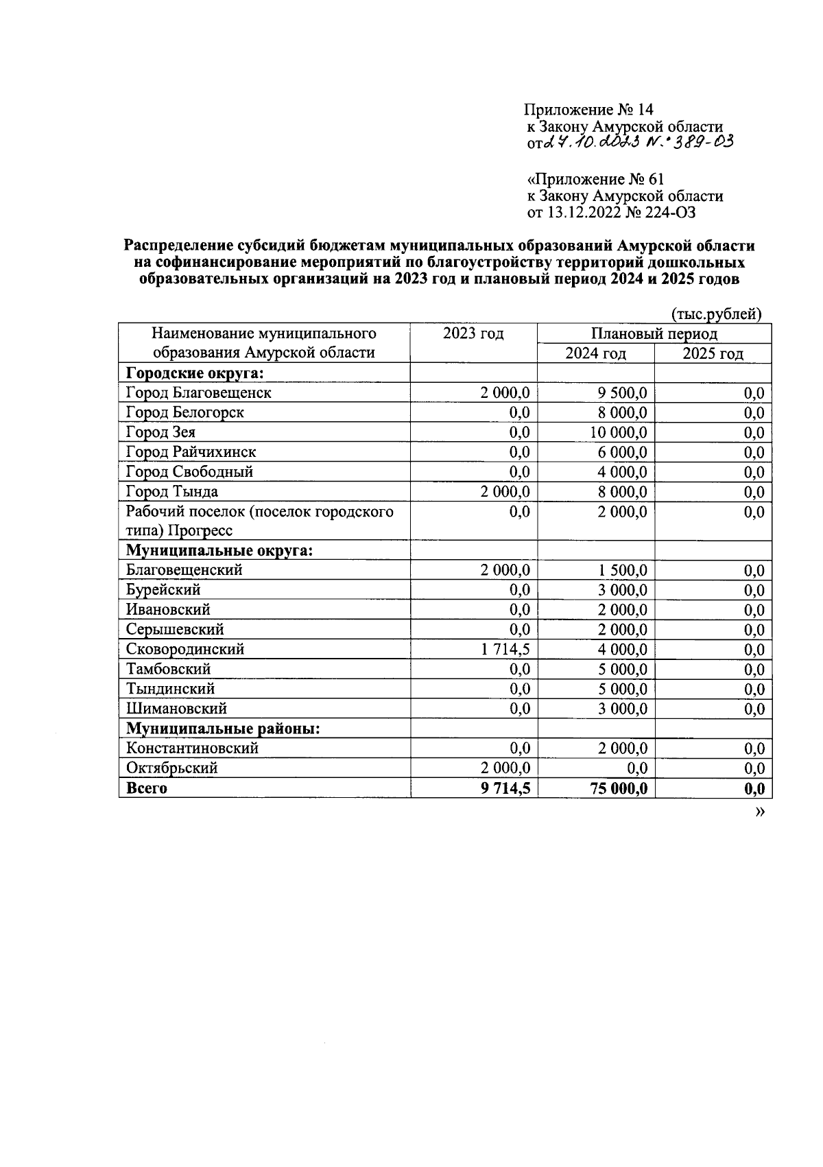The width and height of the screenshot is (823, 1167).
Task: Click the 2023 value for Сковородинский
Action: [505, 649]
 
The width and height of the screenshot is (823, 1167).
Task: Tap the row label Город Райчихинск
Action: [191, 452]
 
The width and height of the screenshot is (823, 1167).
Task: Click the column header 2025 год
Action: [713, 353]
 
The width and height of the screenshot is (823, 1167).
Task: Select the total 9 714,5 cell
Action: [505, 788]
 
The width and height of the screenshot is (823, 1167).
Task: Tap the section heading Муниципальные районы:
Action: [224, 729]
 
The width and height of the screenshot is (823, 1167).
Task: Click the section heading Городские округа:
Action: [195, 373]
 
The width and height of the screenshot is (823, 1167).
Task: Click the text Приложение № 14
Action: [588, 110]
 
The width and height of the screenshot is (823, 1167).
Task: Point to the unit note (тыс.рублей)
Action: [715, 314]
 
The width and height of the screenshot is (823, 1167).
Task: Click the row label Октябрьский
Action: [171, 768]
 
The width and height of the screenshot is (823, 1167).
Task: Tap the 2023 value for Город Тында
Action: [505, 492]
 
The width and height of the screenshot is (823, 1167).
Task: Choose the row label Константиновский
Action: [192, 748]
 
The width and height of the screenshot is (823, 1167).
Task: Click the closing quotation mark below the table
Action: [759, 812]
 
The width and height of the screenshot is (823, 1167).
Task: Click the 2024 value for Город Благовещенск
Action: [622, 393]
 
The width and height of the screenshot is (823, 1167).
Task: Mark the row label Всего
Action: [147, 788]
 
